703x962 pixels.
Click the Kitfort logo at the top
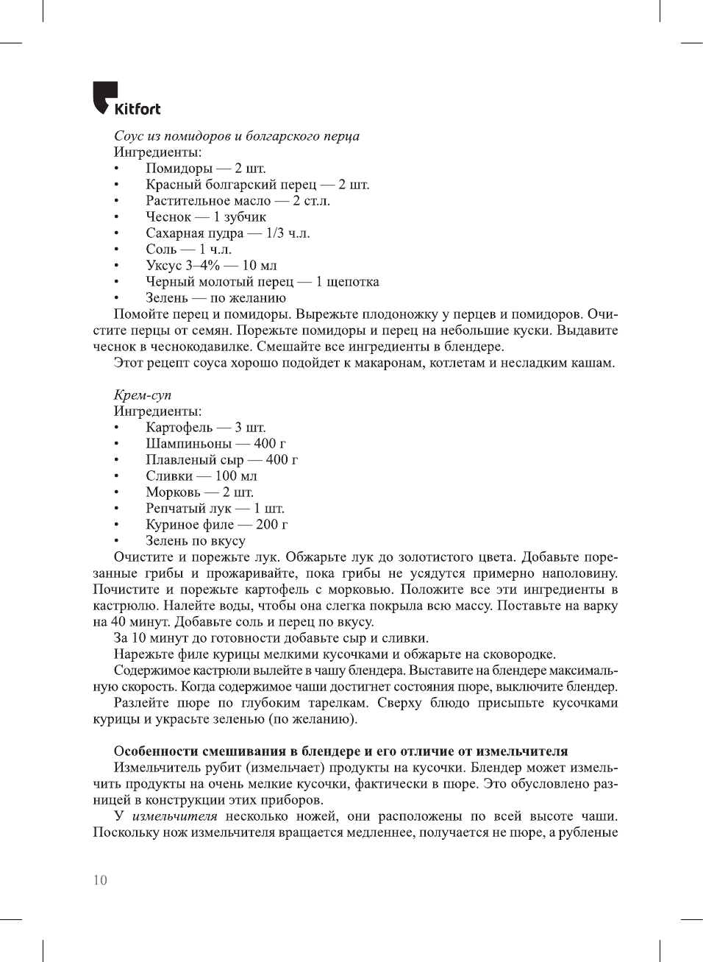pos(126,99)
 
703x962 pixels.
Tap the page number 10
pos(100,880)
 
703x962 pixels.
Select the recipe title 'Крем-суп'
pos(142,395)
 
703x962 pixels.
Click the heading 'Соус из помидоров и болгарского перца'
pos(236,136)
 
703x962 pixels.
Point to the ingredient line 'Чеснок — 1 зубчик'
pos(205,217)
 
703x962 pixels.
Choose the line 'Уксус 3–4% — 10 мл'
pos(211,266)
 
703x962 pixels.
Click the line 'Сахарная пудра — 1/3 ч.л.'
pos(227,233)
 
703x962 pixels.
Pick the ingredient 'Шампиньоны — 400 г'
pos(215,444)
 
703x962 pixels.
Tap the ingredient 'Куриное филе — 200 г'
pos(216,525)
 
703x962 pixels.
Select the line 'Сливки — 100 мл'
pos(201,476)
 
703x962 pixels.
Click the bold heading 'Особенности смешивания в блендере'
pos(340,751)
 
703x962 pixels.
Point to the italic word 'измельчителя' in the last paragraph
pos(174,816)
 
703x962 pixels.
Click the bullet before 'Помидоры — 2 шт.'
pos(116,169)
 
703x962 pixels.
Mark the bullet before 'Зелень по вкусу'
pos(116,541)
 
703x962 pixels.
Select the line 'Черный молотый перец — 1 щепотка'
pos(262,282)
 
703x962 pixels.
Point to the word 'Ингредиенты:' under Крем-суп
pos(157,411)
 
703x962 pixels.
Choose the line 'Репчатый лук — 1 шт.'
pos(215,509)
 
